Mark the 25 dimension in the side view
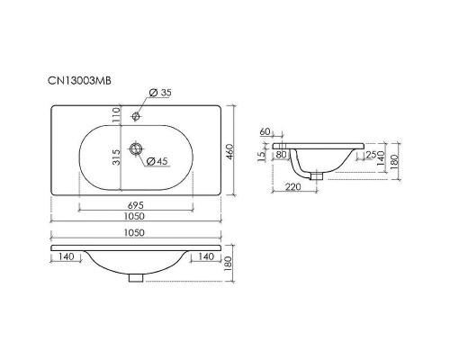[372, 155]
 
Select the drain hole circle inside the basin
[136, 148]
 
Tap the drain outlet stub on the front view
[136, 276]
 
